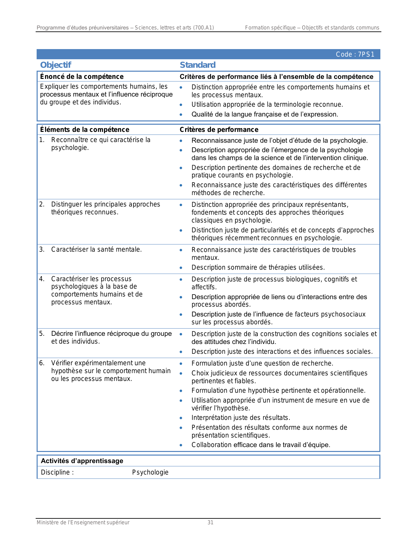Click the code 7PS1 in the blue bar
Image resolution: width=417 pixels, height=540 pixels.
click(366, 55)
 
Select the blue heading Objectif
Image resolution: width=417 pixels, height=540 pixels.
click(56, 65)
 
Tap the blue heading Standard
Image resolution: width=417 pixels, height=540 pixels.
click(198, 65)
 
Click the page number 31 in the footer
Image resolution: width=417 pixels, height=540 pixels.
click(210, 523)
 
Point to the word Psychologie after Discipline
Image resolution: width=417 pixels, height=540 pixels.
click(150, 472)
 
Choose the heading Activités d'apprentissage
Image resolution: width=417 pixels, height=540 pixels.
click(82, 461)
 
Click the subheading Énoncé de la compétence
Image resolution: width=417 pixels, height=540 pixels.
click(82, 77)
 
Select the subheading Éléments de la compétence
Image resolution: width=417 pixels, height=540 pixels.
click(84, 130)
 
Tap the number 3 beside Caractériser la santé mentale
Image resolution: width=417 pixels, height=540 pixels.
click(42, 249)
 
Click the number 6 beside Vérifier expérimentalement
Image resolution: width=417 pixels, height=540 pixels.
click(42, 363)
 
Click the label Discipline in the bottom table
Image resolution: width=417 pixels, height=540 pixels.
click(56, 472)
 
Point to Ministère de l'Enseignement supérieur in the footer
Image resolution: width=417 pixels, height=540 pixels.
click(83, 523)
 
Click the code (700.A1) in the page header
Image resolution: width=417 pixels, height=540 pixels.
click(203, 28)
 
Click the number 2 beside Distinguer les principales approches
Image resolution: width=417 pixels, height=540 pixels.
click(42, 205)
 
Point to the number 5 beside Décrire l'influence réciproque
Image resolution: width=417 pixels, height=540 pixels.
click(42, 334)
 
